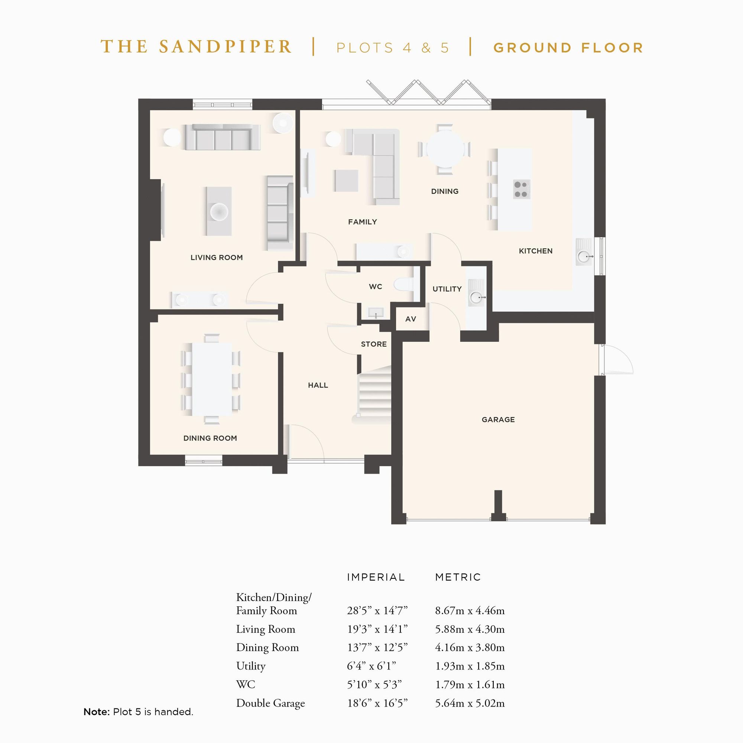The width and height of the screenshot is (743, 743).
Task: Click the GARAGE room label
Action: point(498,419)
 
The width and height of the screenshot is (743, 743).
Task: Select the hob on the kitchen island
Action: point(522,189)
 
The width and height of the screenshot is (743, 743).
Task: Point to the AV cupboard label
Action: point(411,319)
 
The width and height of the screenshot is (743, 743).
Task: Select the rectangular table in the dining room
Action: point(212,379)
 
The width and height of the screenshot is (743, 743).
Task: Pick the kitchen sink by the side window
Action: point(584,256)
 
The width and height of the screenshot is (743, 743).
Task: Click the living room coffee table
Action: point(218,211)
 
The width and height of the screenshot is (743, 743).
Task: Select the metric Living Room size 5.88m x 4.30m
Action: point(470,630)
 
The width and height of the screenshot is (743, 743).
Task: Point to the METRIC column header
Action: point(458,577)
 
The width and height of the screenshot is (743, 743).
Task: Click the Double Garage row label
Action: point(270,703)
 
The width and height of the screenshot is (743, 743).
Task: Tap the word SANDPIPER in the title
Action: point(226,47)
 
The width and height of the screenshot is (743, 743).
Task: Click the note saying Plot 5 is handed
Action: point(139,712)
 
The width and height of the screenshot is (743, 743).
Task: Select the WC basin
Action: point(376,312)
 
